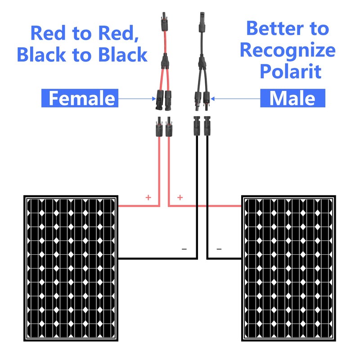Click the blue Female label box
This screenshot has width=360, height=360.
click(x=80, y=98)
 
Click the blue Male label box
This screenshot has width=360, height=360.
click(x=293, y=98)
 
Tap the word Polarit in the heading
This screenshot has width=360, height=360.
click(x=293, y=71)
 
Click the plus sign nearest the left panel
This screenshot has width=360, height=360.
click(x=148, y=198)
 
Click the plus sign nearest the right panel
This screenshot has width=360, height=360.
click(x=180, y=198)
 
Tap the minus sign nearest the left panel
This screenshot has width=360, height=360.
click(x=184, y=249)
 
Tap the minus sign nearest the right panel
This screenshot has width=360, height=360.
click(x=219, y=249)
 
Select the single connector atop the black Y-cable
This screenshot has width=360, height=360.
click(x=201, y=22)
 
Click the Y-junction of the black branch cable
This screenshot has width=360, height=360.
click(x=201, y=61)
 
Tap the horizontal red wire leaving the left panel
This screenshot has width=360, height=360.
click(x=137, y=206)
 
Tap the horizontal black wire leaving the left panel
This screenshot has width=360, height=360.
click(x=157, y=259)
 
